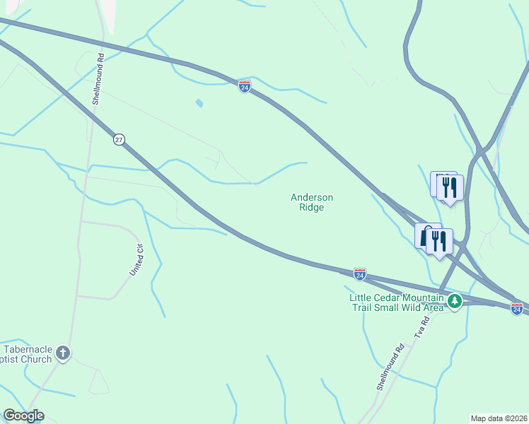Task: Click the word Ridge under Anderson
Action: coord(312,208)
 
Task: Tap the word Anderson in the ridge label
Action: coord(312,198)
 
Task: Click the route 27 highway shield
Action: coord(118,140)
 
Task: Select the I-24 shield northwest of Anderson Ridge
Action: coord(244,86)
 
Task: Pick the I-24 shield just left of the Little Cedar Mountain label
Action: coord(360,273)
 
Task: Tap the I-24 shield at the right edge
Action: coord(517,308)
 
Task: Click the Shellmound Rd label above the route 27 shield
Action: coord(98,79)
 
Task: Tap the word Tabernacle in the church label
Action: coord(28,349)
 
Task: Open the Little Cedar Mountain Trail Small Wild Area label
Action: coord(397,302)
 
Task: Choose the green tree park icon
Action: coord(455,302)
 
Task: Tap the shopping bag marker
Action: coord(426,236)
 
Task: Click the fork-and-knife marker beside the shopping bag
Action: coord(439,241)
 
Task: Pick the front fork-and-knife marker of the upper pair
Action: coord(450,187)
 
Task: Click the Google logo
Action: coord(23,416)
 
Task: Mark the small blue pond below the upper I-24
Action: coord(199,103)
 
